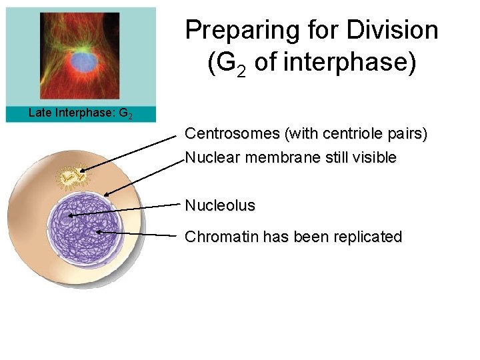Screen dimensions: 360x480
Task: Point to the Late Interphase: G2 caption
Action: tap(80, 113)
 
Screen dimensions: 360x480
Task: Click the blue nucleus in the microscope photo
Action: tap(83, 62)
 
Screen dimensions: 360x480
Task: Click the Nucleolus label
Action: tap(220, 205)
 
